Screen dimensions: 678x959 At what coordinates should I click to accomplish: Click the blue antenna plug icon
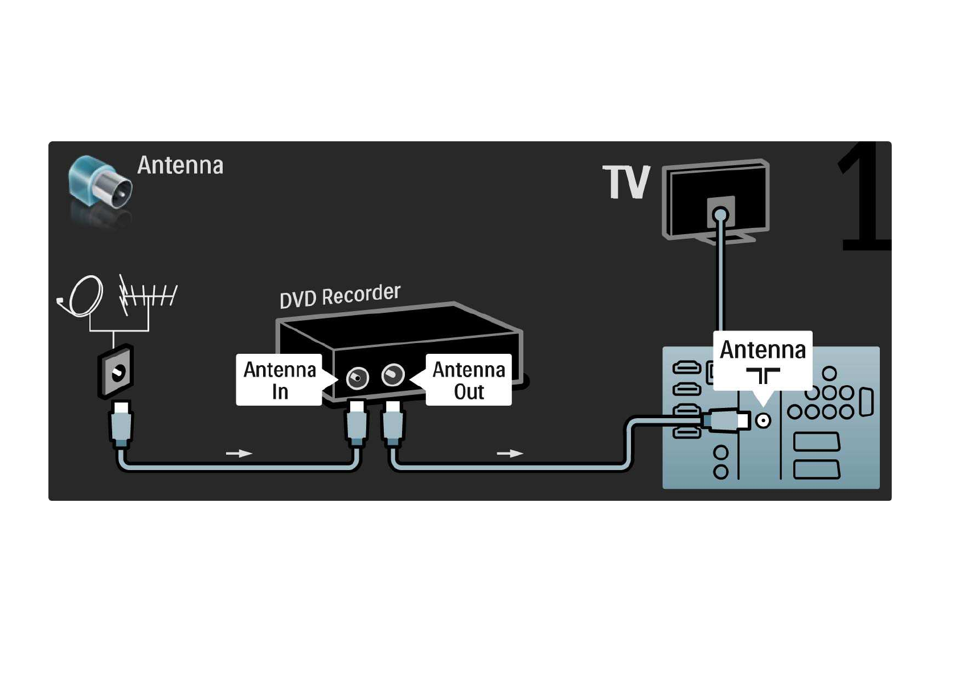(x=100, y=183)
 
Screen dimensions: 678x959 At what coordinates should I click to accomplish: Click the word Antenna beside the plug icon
(x=180, y=166)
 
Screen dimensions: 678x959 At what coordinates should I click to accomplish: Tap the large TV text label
(x=626, y=182)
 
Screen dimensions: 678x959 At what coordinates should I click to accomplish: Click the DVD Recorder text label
(x=340, y=296)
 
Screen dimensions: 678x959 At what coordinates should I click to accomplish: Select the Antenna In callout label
(x=279, y=380)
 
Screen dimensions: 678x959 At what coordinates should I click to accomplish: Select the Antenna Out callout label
(x=469, y=380)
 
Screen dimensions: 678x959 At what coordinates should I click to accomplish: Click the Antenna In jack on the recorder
(x=357, y=377)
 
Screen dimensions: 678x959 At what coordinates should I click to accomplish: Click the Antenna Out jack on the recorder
(x=392, y=375)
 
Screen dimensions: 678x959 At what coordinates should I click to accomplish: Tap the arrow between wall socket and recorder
(x=239, y=454)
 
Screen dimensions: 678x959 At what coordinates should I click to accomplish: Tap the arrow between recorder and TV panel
(x=510, y=454)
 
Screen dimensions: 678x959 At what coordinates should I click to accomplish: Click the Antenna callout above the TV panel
(x=763, y=359)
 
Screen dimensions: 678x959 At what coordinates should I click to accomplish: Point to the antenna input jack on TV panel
(x=763, y=421)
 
